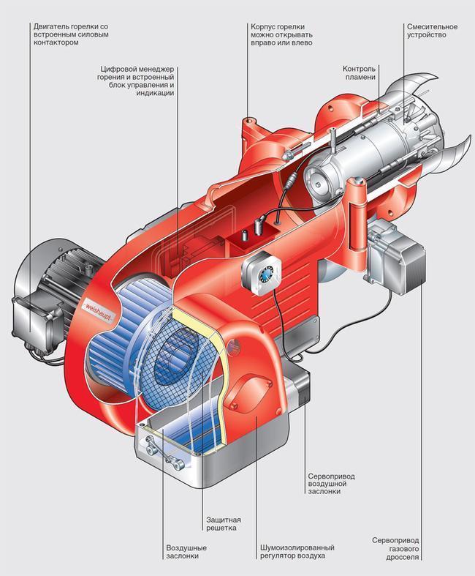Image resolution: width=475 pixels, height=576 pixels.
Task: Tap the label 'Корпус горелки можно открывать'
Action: click(x=282, y=34)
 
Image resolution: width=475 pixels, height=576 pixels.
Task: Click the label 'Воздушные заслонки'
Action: click(x=186, y=552)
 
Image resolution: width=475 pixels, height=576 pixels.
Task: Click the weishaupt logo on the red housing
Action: click(x=98, y=302)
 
